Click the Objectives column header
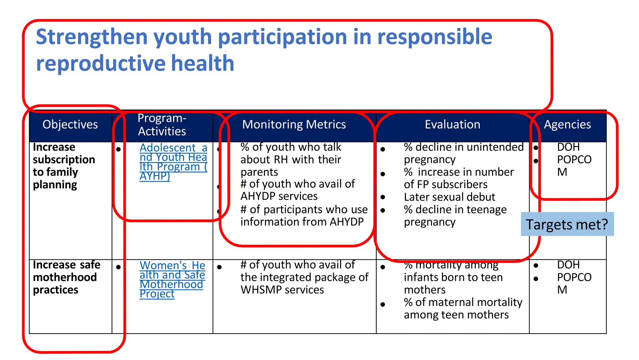(x=70, y=125)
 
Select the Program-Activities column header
(x=162, y=125)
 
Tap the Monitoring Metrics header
(x=294, y=125)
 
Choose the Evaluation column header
(x=452, y=125)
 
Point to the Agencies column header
(x=567, y=125)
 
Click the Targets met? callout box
(x=567, y=224)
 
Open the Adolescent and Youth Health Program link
(x=173, y=162)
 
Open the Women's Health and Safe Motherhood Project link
(x=172, y=279)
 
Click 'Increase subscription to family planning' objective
(x=64, y=166)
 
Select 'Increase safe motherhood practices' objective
(x=66, y=277)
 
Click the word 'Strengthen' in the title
(x=92, y=37)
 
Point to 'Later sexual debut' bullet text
(x=449, y=197)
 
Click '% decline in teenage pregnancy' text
(x=455, y=216)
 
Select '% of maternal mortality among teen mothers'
(x=463, y=308)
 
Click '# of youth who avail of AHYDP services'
(x=297, y=190)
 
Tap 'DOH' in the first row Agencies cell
(x=568, y=147)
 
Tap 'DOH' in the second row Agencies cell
(x=568, y=265)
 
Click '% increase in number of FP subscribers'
(x=458, y=178)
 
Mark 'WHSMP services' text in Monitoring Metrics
(x=282, y=290)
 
